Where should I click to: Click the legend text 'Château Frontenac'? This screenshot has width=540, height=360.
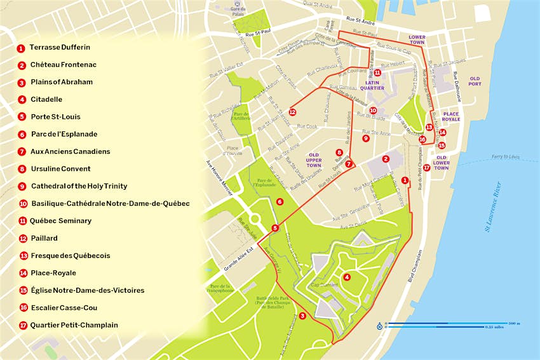point(64,65)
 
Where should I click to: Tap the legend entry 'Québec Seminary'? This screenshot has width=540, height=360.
point(61,221)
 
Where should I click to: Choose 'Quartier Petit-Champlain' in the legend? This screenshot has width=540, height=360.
point(74,325)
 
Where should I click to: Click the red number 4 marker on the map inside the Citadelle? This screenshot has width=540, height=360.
point(346,277)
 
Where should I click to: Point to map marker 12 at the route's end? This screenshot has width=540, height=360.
point(292,112)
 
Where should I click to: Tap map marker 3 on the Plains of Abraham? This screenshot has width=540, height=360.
point(302,316)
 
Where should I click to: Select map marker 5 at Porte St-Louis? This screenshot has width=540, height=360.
point(275,228)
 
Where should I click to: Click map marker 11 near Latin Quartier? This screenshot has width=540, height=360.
point(377,73)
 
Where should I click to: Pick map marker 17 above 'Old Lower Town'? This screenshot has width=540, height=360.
point(426,168)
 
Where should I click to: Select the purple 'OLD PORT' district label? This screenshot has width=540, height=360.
point(475,80)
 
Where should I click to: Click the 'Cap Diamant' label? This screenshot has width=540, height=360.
point(323,284)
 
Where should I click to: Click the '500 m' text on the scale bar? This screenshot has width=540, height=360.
point(514,323)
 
